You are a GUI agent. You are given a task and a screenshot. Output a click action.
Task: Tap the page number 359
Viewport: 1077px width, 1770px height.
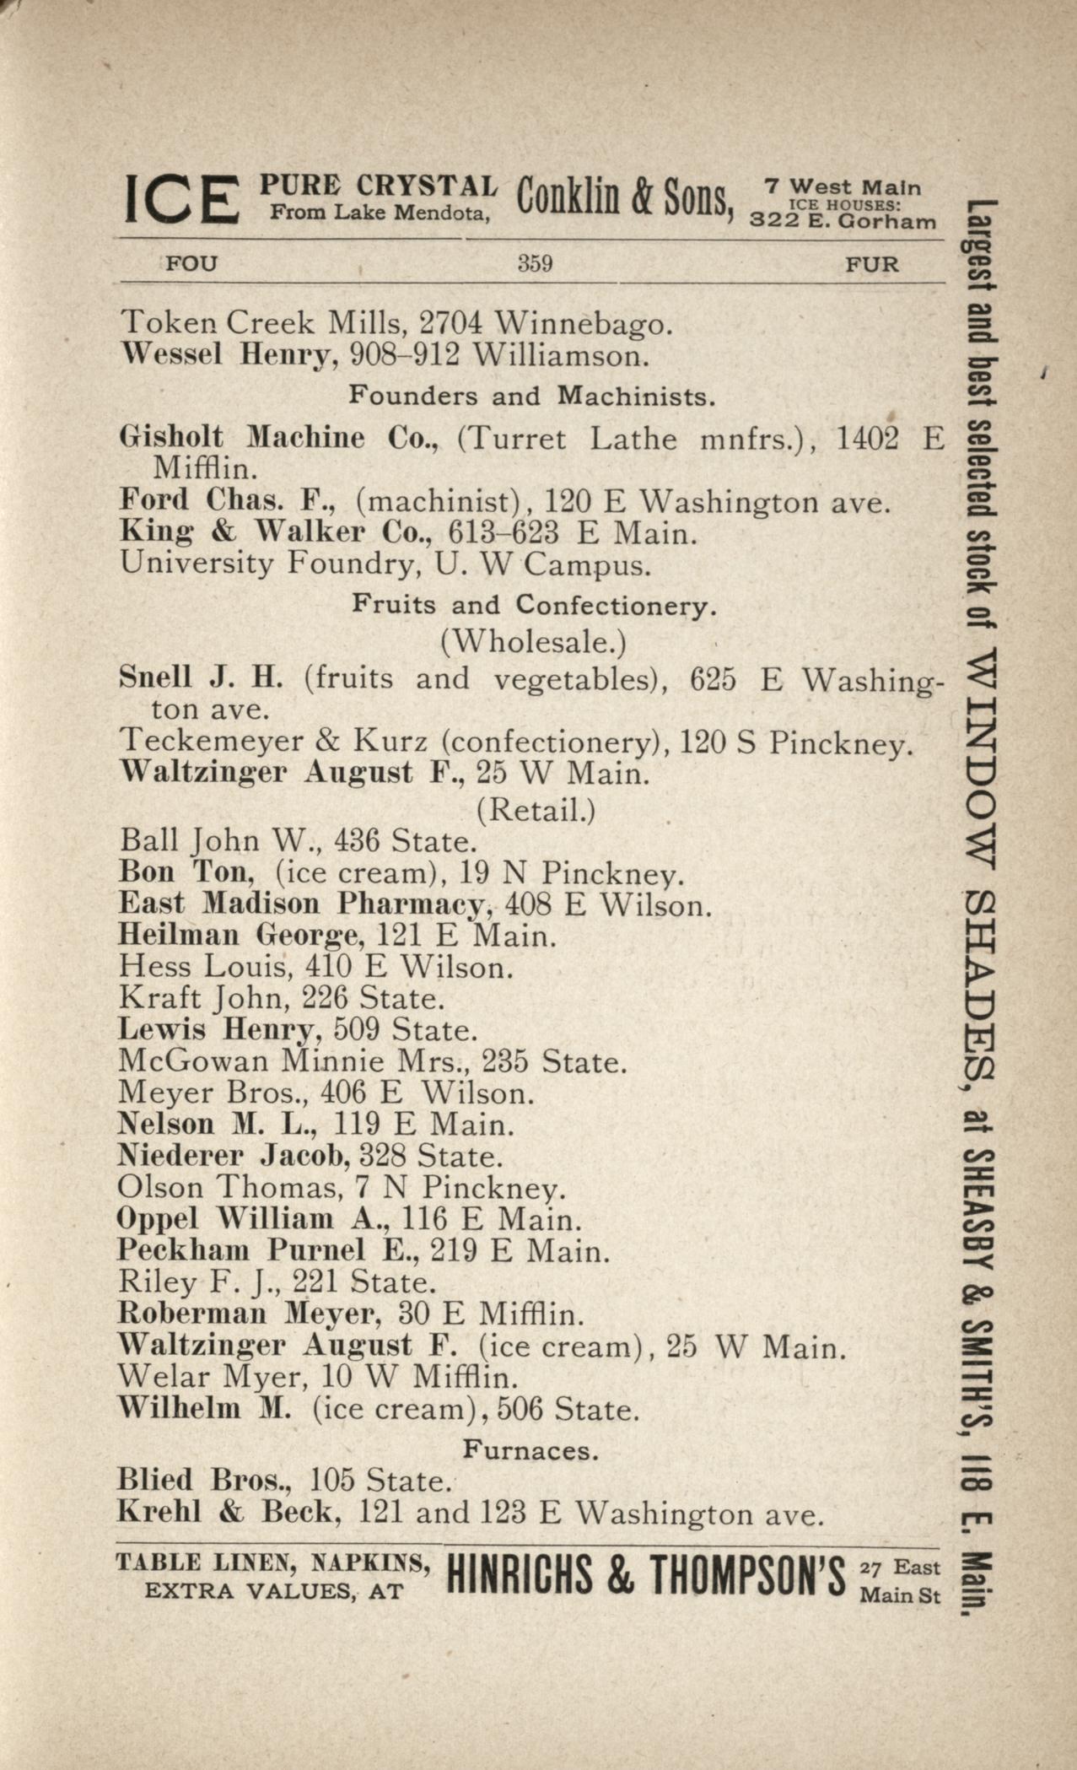pyautogui.click(x=535, y=264)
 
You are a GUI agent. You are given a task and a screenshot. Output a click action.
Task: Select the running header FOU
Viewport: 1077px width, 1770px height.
pyautogui.click(x=191, y=264)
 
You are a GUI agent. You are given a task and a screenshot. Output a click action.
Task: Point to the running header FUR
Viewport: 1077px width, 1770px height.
pyautogui.click(x=872, y=265)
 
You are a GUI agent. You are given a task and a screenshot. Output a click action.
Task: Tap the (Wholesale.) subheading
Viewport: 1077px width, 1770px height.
pyautogui.click(x=533, y=643)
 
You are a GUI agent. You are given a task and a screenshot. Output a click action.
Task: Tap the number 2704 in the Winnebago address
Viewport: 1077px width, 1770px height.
pyautogui.click(x=451, y=322)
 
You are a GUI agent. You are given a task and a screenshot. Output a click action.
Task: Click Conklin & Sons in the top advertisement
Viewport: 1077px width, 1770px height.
pyautogui.click(x=624, y=199)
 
